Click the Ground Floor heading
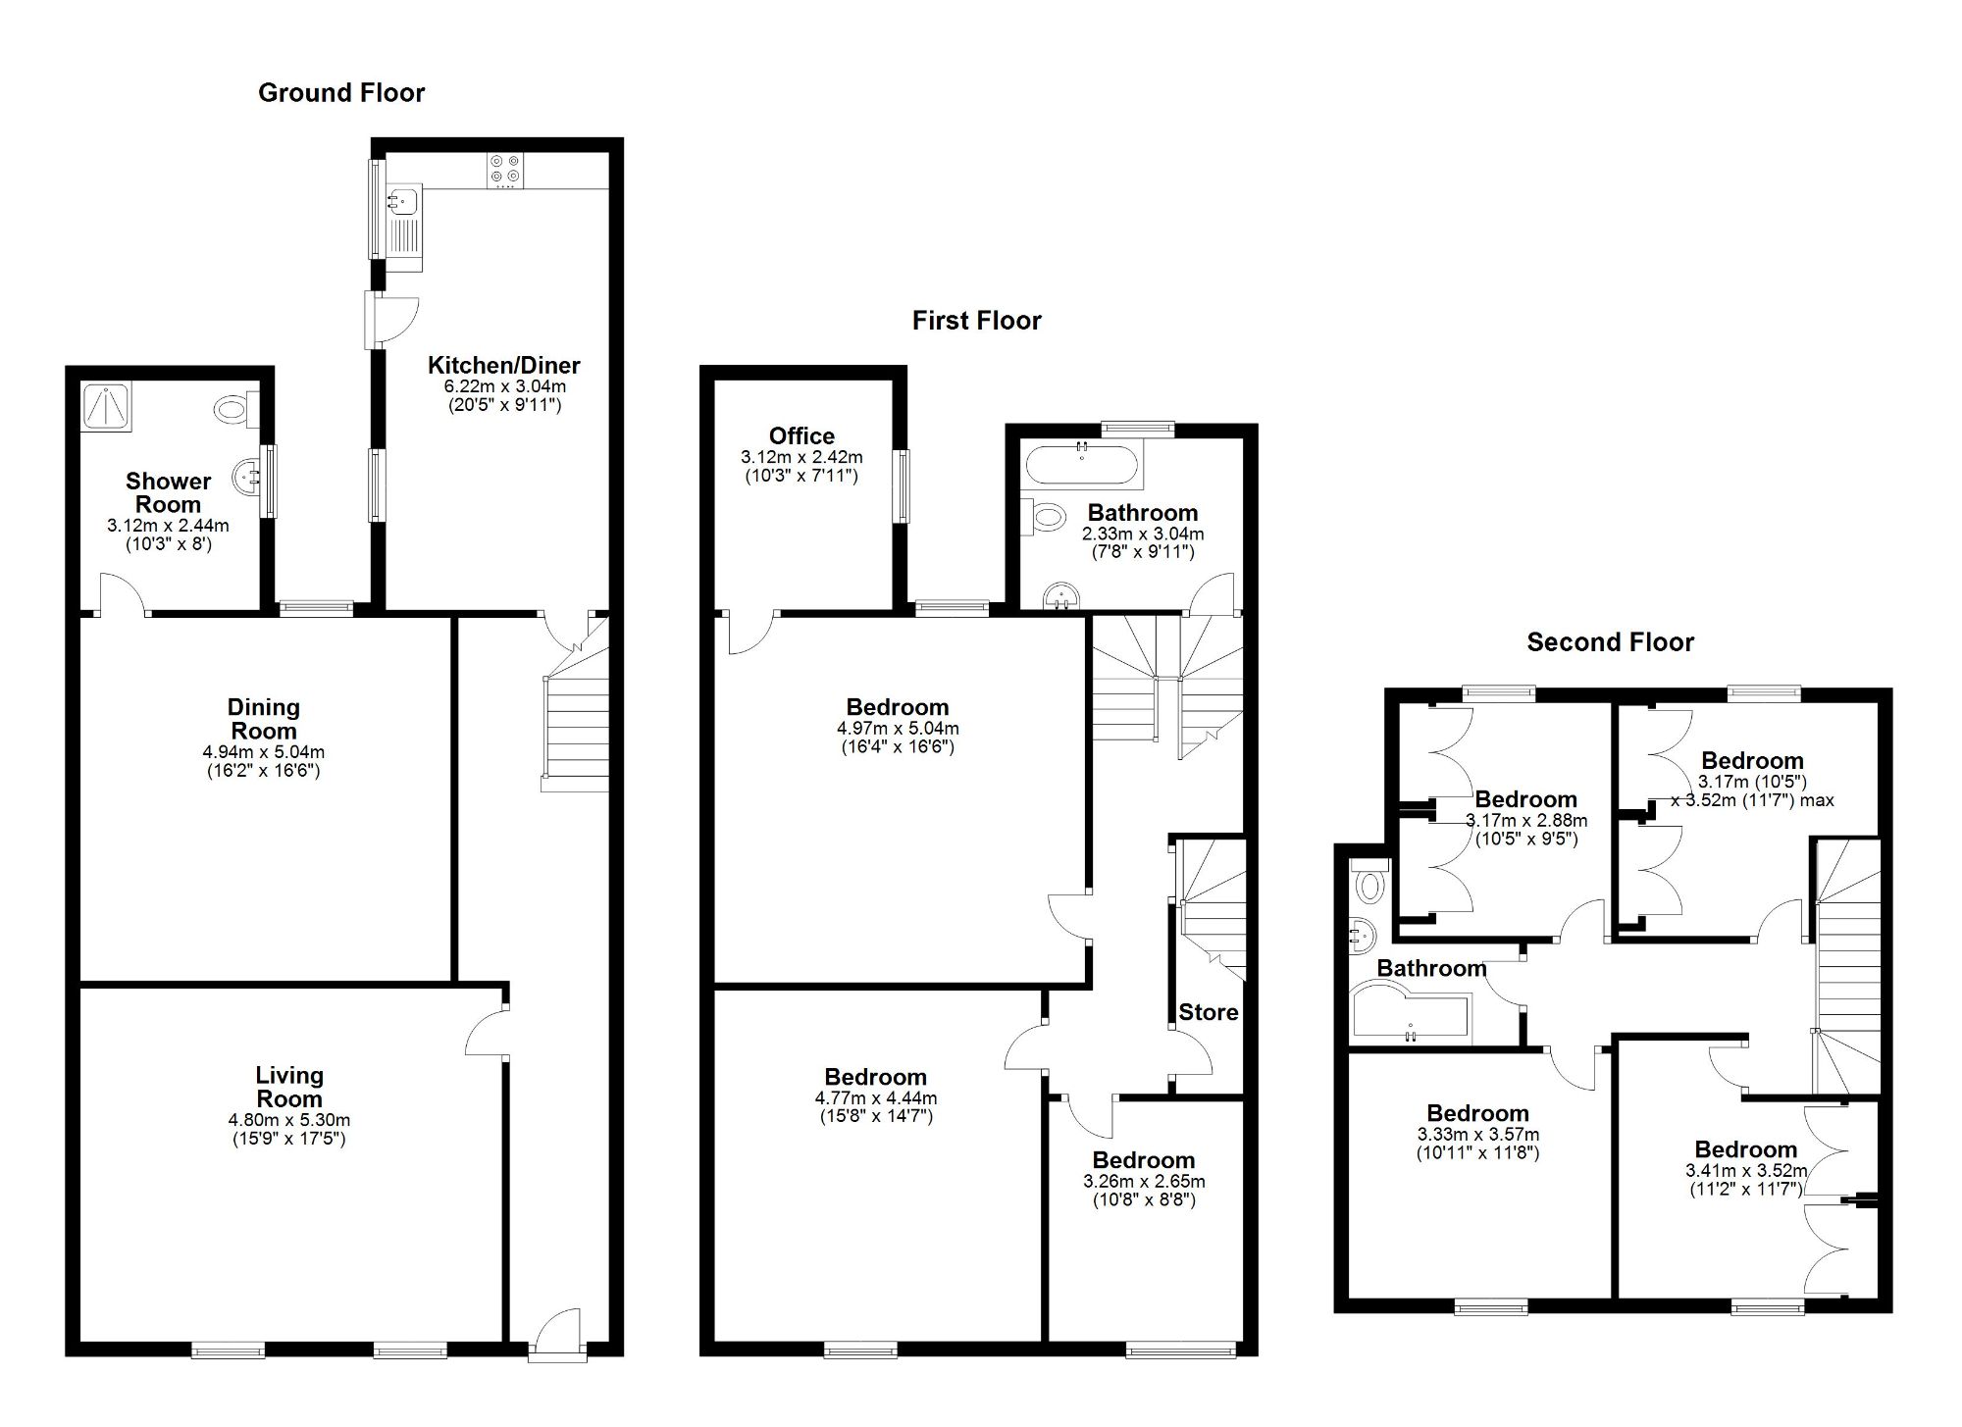(x=341, y=93)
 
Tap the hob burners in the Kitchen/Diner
(x=506, y=170)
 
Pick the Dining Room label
(x=263, y=719)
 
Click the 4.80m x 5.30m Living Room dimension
(x=288, y=1120)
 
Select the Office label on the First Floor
(x=801, y=436)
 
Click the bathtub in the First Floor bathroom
(x=1081, y=467)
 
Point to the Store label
(x=1208, y=1012)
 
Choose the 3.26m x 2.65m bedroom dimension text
(x=1144, y=1182)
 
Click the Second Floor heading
(x=1610, y=642)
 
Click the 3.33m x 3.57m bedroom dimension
(x=1477, y=1135)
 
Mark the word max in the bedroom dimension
(x=1817, y=800)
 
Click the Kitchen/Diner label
(x=503, y=366)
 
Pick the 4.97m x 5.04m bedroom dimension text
(x=898, y=729)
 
